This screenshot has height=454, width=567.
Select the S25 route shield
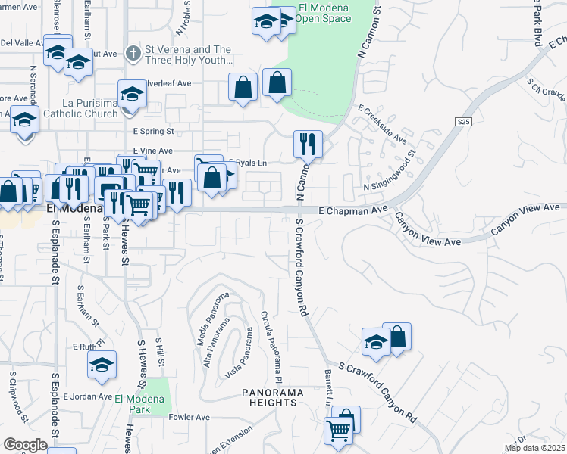point(465,122)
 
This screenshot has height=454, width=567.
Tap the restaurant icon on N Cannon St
point(309,144)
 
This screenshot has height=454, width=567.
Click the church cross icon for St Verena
point(133,53)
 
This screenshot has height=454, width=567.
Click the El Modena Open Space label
point(325,14)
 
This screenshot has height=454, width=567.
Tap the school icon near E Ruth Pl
point(102,365)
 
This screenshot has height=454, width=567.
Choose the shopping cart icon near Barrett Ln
point(338,431)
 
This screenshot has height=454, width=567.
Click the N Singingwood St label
point(392,174)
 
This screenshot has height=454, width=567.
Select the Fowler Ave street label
point(190,417)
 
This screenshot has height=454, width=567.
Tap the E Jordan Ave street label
point(87,396)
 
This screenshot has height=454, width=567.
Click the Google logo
point(25,444)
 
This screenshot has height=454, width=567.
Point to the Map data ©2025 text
point(534,448)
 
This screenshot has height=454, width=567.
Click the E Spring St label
point(154,131)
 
